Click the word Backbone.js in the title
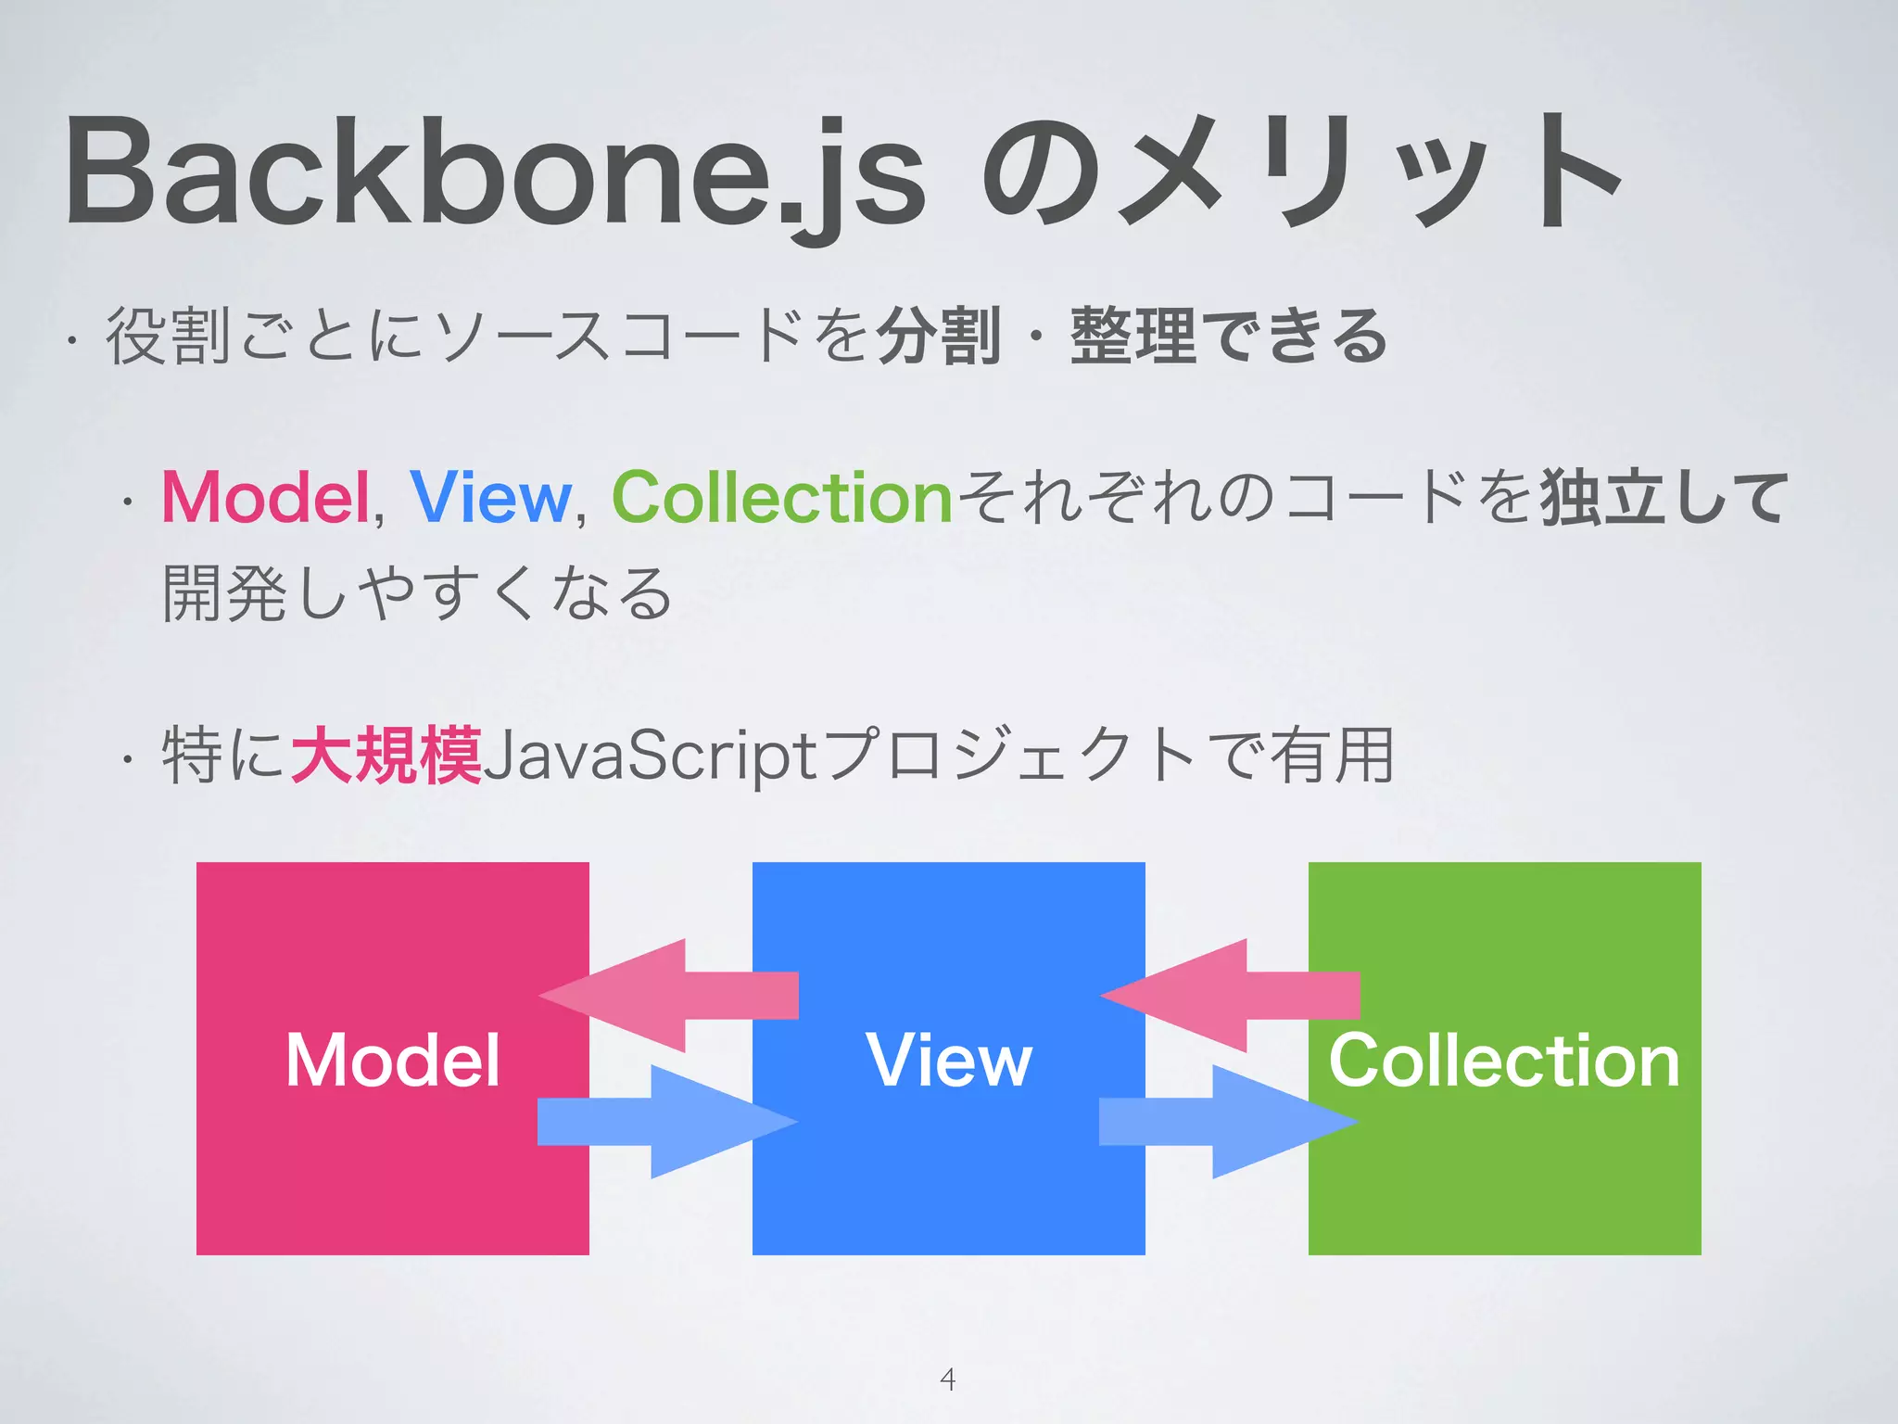[x=496, y=172]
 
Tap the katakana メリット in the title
[x=1372, y=172]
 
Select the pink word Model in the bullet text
[x=266, y=498]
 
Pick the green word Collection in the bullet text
[x=782, y=498]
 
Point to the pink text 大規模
[x=386, y=756]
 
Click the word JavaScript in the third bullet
[x=649, y=756]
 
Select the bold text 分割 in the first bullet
[x=938, y=336]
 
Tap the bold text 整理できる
[x=1228, y=336]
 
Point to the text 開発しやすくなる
[x=417, y=593]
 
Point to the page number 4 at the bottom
[x=947, y=1379]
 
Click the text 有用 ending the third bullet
[x=1332, y=756]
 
